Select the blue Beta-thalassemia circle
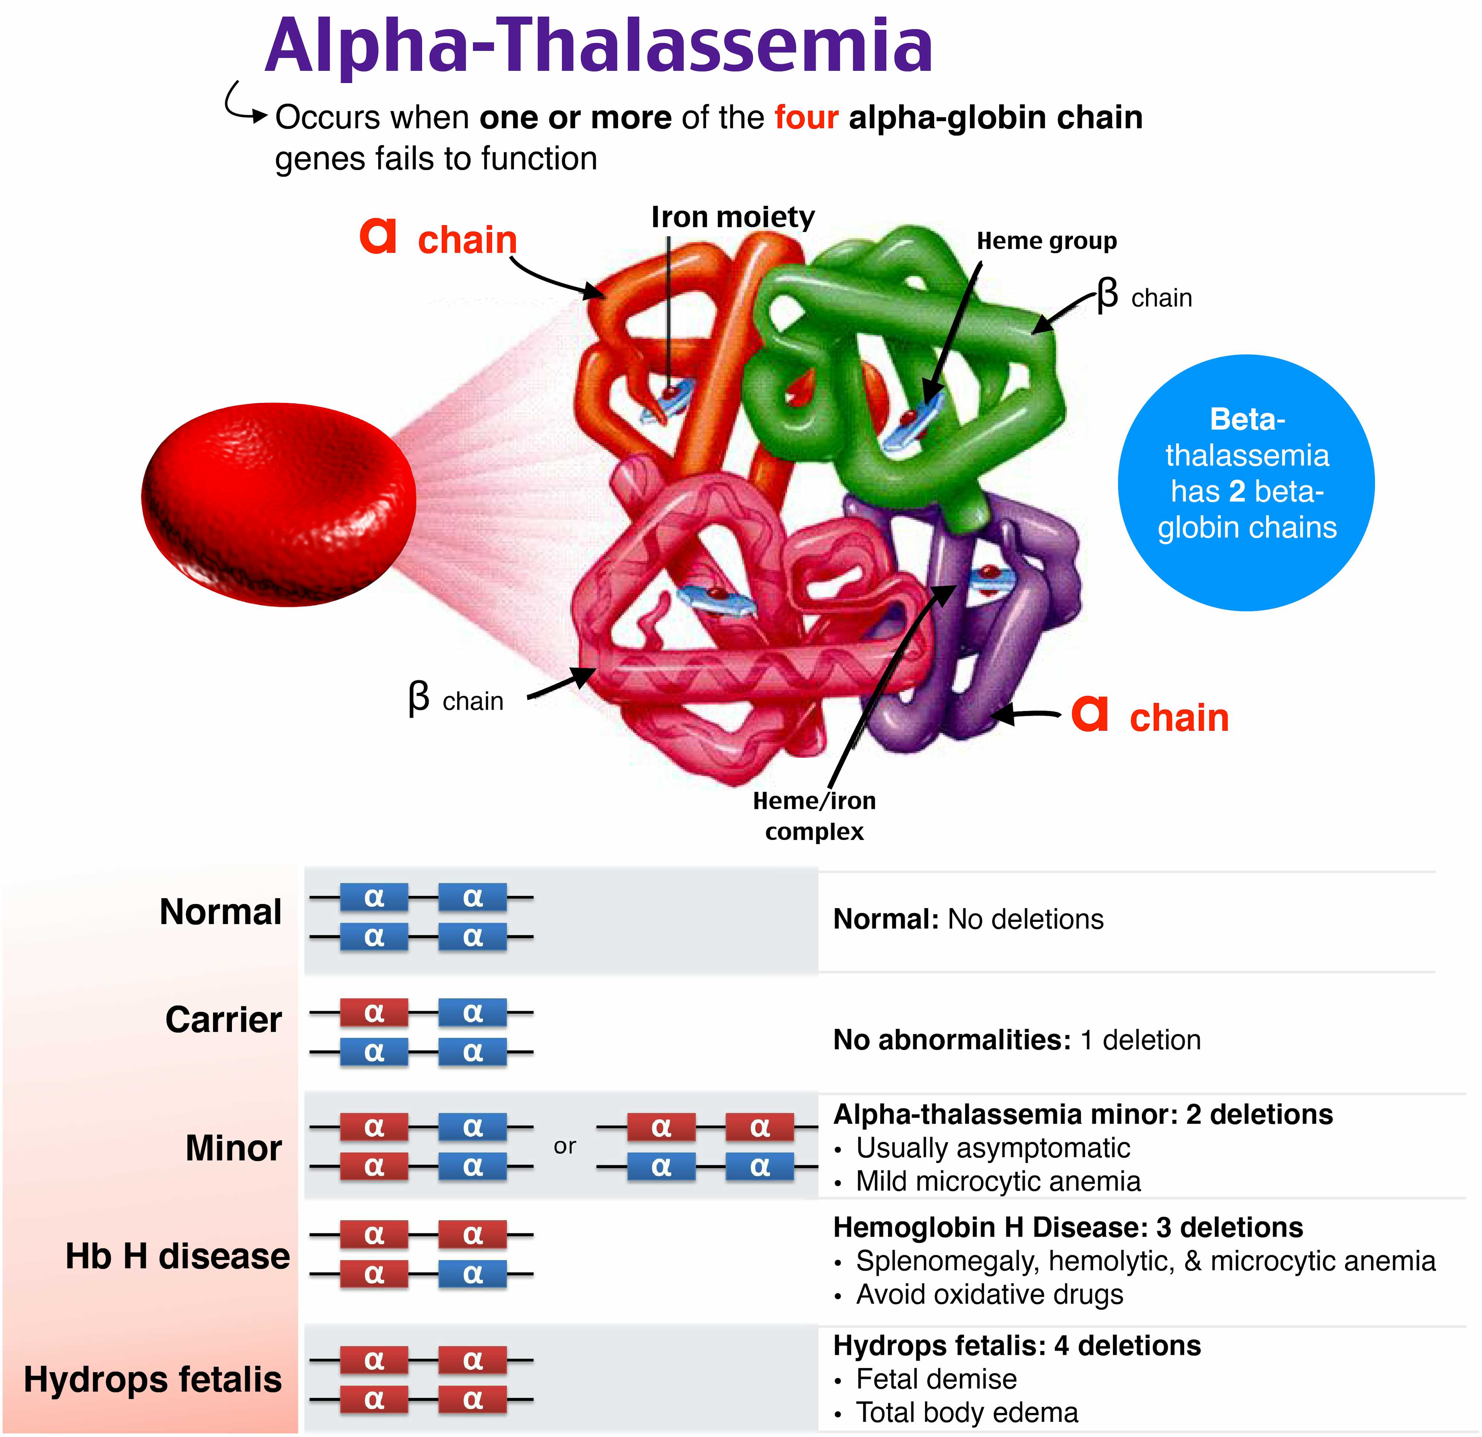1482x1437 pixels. (x=1246, y=482)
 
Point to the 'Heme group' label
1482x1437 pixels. (x=1046, y=241)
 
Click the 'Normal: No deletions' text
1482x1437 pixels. (x=968, y=919)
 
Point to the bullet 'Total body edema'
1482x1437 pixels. (x=966, y=1412)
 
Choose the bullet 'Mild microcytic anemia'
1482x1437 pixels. (x=997, y=1181)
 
